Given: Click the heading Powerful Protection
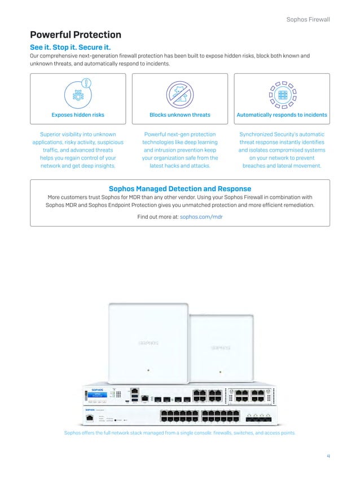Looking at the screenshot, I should tap(76, 35).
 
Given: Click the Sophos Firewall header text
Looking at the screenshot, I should tap(308, 20).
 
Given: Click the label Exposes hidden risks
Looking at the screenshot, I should tap(78, 115).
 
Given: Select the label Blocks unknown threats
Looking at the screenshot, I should tap(179, 115).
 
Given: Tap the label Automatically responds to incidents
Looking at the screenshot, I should tap(282, 115).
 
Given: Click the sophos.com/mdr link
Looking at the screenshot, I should tap(201, 217).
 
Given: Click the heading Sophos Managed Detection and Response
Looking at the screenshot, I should tap(179, 188).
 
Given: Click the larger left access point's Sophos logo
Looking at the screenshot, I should tap(148, 342).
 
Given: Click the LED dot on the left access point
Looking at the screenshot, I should tap(148, 371).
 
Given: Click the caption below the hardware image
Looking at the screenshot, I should tap(179, 433).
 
